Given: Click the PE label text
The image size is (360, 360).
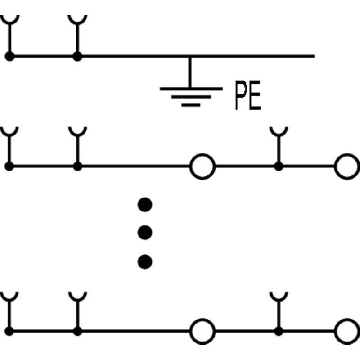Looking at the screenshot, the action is pos(248,95).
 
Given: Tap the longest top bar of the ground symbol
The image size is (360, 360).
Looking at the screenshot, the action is pos(191,89).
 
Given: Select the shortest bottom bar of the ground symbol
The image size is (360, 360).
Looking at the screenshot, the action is pos(191,105).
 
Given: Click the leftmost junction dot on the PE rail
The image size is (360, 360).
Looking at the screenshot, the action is pos(9,56).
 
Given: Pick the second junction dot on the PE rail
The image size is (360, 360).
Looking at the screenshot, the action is pos(77,56).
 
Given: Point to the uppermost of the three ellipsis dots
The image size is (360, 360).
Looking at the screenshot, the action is pos(145,205).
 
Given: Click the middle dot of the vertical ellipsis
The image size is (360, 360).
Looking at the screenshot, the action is pos(145,233).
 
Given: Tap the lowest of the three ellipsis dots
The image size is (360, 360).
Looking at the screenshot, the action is pos(145,262).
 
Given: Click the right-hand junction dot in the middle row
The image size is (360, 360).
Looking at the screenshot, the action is pos(279,166).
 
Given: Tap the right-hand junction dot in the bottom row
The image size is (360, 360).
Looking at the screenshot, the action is pos(279,331).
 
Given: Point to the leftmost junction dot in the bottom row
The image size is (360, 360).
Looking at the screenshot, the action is pos(9,331).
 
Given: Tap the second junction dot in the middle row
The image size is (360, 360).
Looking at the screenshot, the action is pos(77,166).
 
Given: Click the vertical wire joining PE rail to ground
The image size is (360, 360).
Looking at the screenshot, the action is pos(190,72).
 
